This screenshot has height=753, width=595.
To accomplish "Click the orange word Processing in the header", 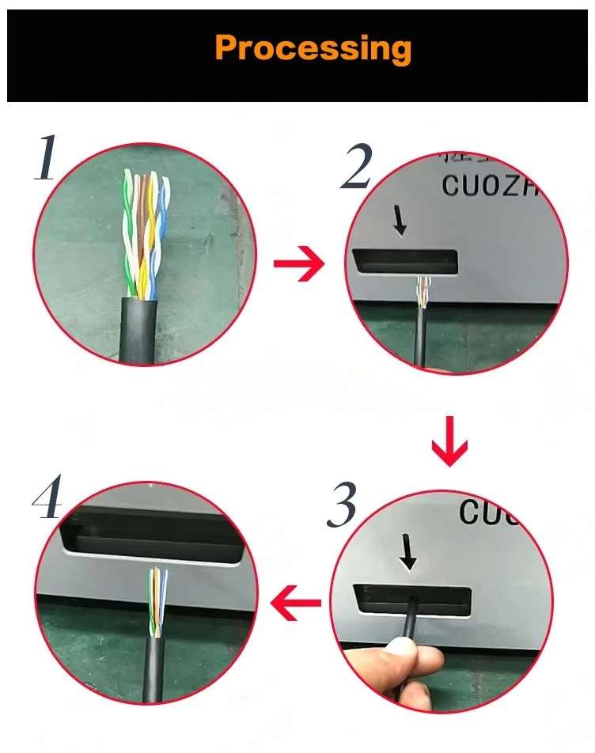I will point(313,48).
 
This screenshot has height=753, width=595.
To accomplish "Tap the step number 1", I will point(46,158).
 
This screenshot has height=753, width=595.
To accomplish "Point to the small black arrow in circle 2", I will point(400,223).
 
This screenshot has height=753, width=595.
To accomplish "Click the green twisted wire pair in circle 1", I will point(128,229).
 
